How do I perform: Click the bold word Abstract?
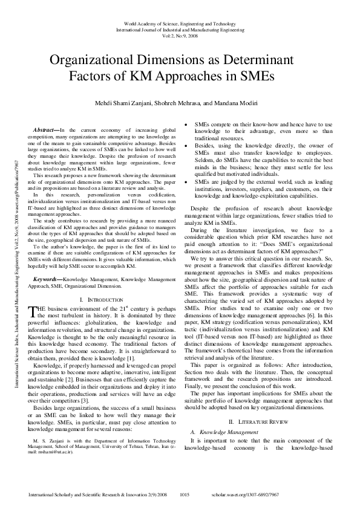pos(45,130)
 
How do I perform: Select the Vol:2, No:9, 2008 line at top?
pos(180,35)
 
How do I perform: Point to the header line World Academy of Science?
pos(180,23)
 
